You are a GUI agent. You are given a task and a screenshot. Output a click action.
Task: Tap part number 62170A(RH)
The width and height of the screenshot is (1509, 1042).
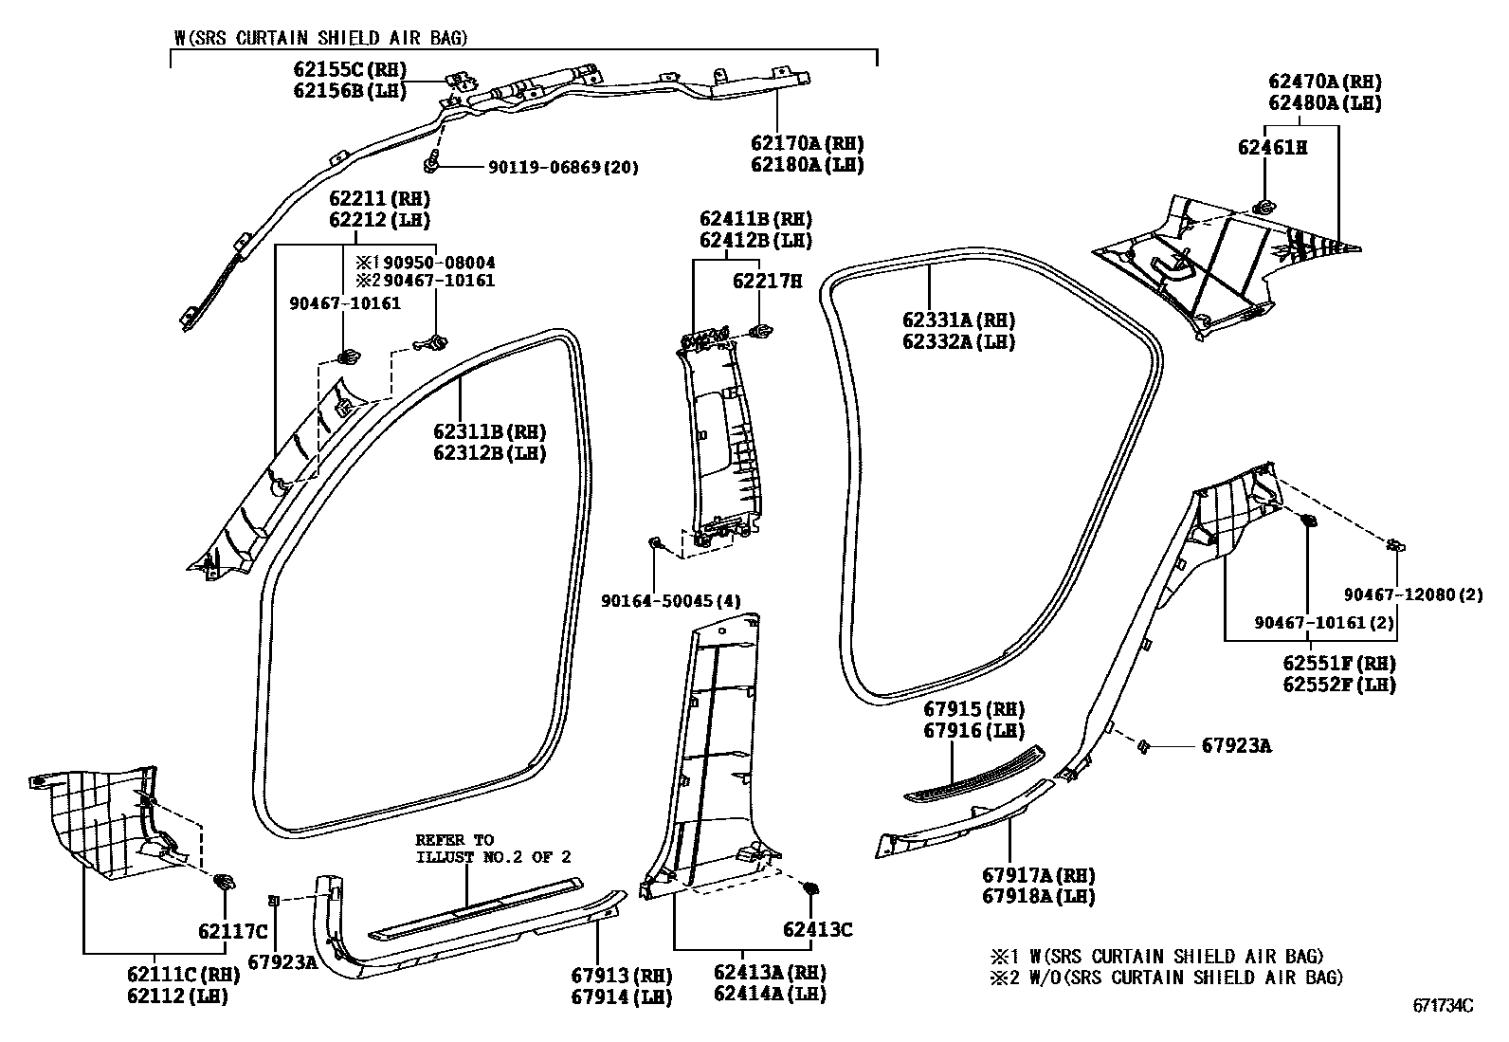(x=807, y=144)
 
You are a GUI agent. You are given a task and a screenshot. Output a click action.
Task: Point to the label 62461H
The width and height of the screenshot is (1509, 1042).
(x=1272, y=147)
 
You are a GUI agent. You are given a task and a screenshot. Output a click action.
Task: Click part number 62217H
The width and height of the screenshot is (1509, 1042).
(x=767, y=282)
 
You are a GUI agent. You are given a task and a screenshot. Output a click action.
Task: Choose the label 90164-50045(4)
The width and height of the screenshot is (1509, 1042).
(x=671, y=600)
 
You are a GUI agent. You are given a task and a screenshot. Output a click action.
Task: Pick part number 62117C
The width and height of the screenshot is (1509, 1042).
(x=233, y=931)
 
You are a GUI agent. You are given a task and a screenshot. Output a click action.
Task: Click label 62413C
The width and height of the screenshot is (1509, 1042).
(x=817, y=930)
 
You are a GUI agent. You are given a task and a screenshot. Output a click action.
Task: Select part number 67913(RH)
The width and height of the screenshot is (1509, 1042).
(x=621, y=976)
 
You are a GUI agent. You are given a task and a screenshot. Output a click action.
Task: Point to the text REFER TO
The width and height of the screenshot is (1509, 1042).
(x=454, y=840)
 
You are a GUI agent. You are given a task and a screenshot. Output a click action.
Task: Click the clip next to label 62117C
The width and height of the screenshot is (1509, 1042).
(x=226, y=883)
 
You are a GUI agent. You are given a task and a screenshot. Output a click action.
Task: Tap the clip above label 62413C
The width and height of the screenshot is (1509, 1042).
(x=810, y=888)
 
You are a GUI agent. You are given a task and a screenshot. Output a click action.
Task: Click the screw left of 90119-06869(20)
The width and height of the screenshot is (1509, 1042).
(x=433, y=164)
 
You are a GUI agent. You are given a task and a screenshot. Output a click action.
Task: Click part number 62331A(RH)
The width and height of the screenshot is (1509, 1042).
(x=958, y=320)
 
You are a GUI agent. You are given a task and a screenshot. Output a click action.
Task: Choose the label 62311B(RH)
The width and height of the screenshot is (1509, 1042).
(x=490, y=432)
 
